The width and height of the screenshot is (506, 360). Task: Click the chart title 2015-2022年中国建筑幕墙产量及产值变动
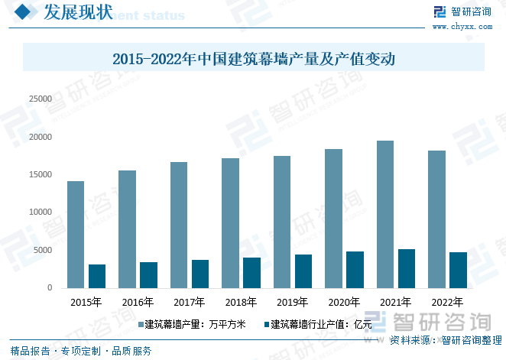pos(253,58)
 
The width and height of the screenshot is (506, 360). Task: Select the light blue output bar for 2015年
pos(76,235)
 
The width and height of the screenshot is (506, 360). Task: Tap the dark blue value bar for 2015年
pos(97,276)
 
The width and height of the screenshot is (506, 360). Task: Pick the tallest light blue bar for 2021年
pos(384,214)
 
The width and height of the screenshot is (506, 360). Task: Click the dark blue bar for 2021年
pos(407,268)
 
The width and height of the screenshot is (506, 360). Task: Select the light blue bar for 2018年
pos(230,223)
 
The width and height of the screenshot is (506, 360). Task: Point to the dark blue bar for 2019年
pos(303,271)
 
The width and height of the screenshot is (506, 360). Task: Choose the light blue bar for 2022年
pos(436,219)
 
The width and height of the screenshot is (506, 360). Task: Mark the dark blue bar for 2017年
pos(200,274)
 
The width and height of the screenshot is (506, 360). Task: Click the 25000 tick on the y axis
pos(40,99)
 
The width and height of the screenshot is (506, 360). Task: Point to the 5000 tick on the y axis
pos(42,251)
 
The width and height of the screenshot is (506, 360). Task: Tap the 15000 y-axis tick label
pos(40,175)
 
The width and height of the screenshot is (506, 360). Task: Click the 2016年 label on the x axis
pos(138,302)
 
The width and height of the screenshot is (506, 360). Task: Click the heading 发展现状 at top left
pos(78,12)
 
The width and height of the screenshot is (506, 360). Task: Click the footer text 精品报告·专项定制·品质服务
pos(81,352)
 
